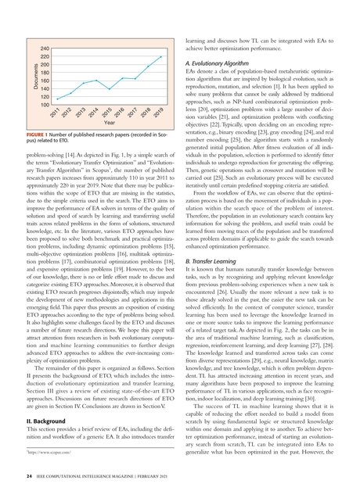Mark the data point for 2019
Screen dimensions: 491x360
(161, 55)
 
